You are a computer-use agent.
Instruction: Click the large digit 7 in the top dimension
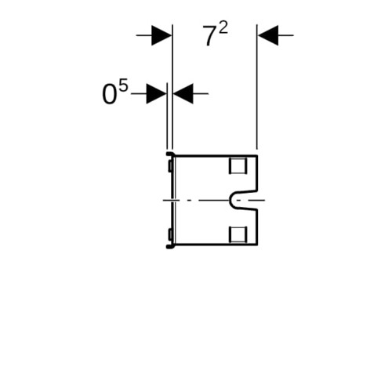(x=209, y=36)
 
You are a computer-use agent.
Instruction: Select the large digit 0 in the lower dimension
(x=109, y=95)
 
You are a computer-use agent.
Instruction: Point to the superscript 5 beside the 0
(x=123, y=85)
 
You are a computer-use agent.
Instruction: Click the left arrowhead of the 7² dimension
(x=162, y=35)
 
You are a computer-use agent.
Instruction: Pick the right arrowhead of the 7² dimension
(x=268, y=35)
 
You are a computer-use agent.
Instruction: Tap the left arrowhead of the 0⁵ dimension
(x=156, y=93)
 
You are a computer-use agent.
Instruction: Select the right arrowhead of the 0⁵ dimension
(x=183, y=93)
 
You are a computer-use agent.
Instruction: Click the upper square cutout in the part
(x=238, y=165)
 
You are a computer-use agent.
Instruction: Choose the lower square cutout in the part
(x=238, y=234)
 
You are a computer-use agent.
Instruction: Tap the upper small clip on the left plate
(x=170, y=166)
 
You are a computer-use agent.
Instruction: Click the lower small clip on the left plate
(x=170, y=234)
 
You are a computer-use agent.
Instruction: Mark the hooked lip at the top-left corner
(x=169, y=154)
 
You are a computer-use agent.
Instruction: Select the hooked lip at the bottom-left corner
(x=169, y=246)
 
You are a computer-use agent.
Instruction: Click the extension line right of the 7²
(x=257, y=87)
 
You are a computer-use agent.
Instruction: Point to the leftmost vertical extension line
(x=167, y=116)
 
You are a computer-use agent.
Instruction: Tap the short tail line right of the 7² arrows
(x=286, y=35)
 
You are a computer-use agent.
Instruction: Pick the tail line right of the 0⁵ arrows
(x=201, y=93)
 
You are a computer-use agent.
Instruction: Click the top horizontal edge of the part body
(x=216, y=156)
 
